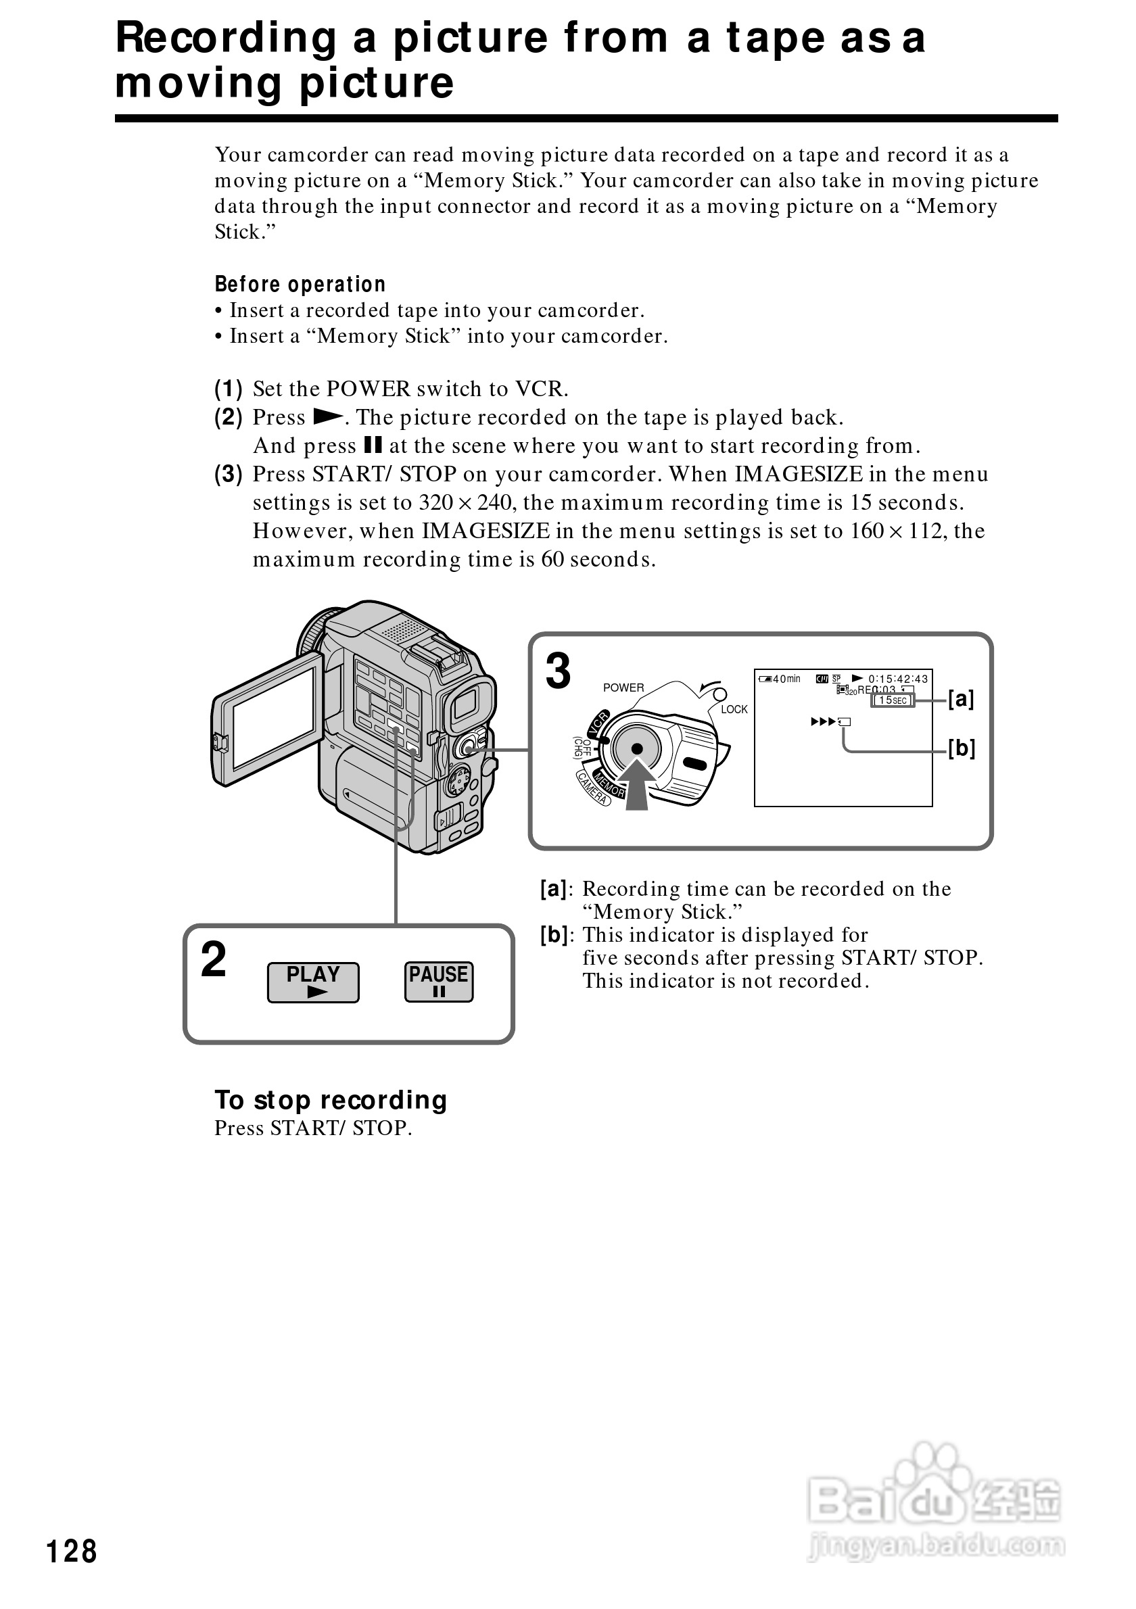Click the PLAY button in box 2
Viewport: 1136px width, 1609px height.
(x=312, y=982)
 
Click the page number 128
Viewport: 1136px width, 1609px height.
(x=72, y=1551)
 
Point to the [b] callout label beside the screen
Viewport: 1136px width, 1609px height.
(x=962, y=748)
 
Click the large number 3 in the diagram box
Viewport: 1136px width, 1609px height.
(x=559, y=671)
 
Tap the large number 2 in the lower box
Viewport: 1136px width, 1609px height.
(x=214, y=959)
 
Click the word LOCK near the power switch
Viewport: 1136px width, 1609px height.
(x=734, y=709)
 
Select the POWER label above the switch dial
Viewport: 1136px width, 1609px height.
(x=623, y=688)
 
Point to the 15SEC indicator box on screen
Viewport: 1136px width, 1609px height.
(x=893, y=700)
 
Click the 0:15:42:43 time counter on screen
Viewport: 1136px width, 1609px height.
(x=898, y=678)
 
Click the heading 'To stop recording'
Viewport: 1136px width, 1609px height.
(x=331, y=1099)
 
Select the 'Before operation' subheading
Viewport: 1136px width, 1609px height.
(x=300, y=284)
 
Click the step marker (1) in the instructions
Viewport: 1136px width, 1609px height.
(x=229, y=388)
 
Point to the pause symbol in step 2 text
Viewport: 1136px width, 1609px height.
(x=373, y=445)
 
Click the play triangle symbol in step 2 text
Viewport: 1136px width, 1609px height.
(x=327, y=417)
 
